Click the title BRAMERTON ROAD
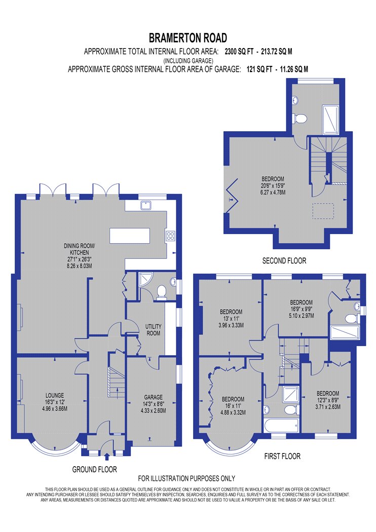pos(187,37)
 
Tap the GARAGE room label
pos(154,397)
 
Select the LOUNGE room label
pos(55,395)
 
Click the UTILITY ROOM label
pos(154,330)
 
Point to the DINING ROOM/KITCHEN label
pos(80,249)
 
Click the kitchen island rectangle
pos(130,236)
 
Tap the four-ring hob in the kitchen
pos(170,236)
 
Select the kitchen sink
pos(146,205)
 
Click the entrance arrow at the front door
pos(107,457)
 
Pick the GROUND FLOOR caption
pos(94,470)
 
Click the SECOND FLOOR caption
pos(284,260)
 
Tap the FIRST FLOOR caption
pos(282,457)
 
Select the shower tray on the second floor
pos(330,120)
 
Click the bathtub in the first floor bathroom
pos(281,425)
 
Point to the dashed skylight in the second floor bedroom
pos(323,211)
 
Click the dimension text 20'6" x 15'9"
pos(273,185)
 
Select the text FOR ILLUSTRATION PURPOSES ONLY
pos(186,478)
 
